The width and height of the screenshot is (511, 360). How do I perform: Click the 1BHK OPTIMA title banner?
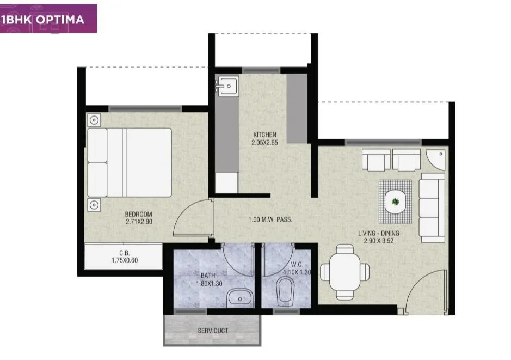click(x=48, y=19)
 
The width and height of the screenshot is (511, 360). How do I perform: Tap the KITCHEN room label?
click(x=264, y=135)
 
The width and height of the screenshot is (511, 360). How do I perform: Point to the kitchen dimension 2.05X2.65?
click(x=264, y=143)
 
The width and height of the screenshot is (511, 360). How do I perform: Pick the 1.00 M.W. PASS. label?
click(x=270, y=220)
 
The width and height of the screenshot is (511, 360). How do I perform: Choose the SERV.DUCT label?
click(x=212, y=330)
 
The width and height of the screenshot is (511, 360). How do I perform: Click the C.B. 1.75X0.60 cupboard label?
click(x=124, y=256)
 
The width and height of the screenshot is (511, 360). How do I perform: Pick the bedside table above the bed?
click(x=94, y=120)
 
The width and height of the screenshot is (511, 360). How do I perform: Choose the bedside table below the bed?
click(x=94, y=205)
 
